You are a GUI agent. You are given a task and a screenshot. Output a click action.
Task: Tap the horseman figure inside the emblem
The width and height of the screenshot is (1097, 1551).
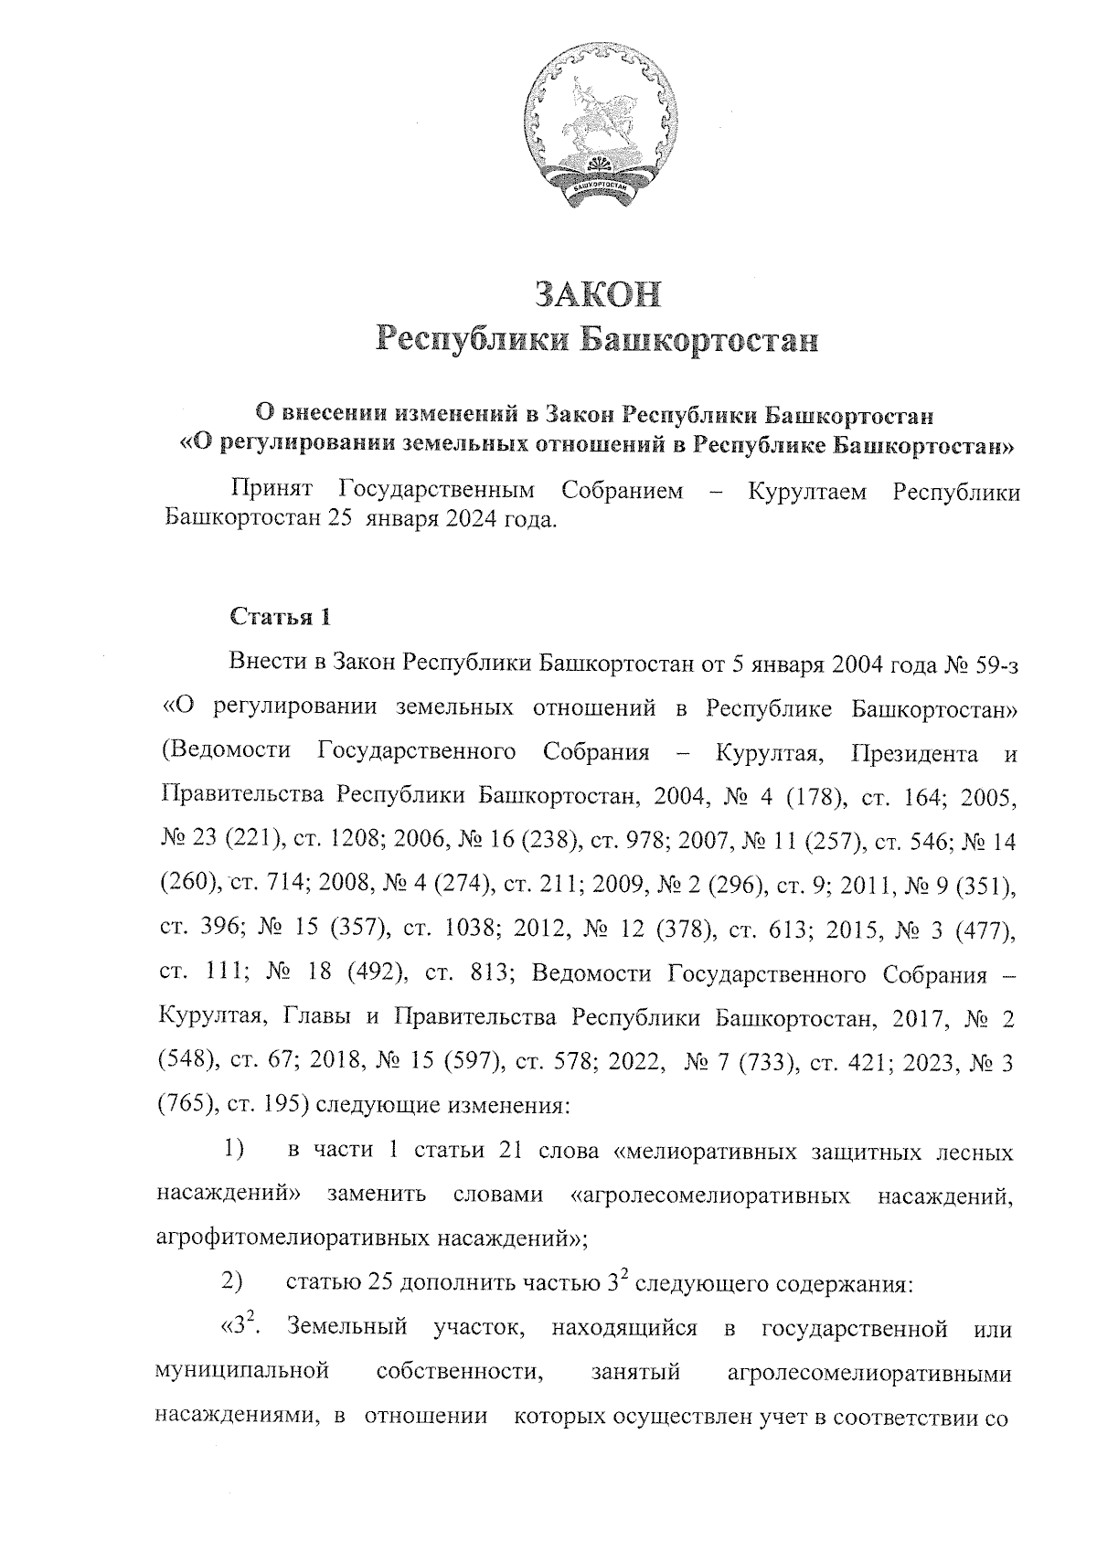pos(594,119)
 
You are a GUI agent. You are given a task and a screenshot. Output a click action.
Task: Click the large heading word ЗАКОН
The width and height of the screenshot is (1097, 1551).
pos(596,294)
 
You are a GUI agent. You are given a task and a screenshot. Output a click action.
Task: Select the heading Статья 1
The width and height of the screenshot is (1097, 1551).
pos(280,617)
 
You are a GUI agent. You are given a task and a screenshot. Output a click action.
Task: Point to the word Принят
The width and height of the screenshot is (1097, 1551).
pos(272,492)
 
